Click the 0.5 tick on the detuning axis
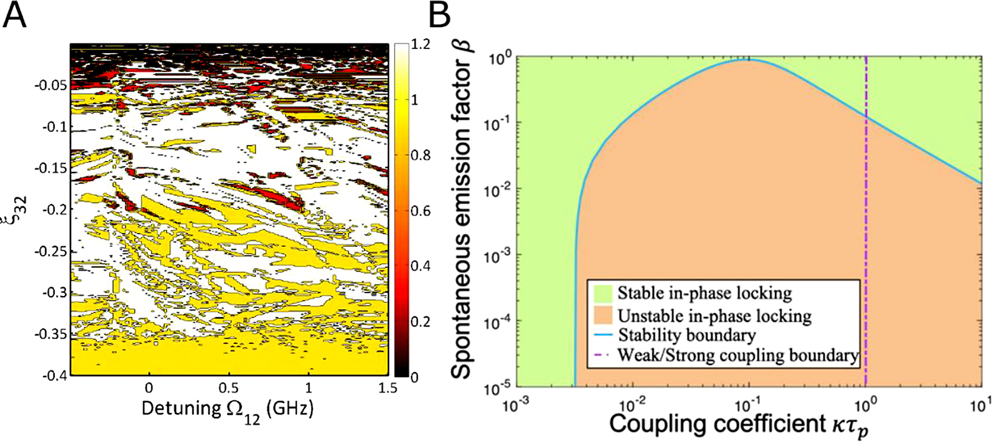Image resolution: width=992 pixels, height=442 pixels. coord(229,388)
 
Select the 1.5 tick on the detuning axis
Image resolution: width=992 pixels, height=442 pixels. coord(388,388)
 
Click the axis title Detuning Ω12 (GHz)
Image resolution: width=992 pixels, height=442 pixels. coord(228,410)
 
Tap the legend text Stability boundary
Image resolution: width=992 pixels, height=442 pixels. coord(687,335)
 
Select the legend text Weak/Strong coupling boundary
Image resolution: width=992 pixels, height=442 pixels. coord(738,355)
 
